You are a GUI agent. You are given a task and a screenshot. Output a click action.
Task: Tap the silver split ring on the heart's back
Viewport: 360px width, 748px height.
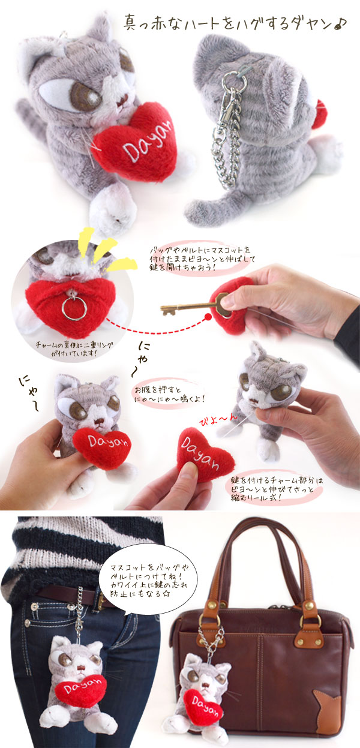click(74, 308)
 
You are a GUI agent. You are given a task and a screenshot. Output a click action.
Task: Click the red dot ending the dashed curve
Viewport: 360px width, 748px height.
click(208, 317)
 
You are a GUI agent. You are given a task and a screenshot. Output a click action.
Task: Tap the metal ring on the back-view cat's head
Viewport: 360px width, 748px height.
click(235, 80)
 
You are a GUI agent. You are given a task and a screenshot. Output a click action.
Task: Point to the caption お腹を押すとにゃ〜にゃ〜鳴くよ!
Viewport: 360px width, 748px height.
click(169, 394)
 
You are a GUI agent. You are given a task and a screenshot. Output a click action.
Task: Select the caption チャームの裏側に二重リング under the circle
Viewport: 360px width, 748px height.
click(74, 345)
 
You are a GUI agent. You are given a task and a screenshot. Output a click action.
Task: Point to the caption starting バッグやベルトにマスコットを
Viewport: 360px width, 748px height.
click(202, 259)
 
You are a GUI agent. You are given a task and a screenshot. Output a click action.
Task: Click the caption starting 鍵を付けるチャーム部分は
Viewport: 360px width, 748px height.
click(277, 489)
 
